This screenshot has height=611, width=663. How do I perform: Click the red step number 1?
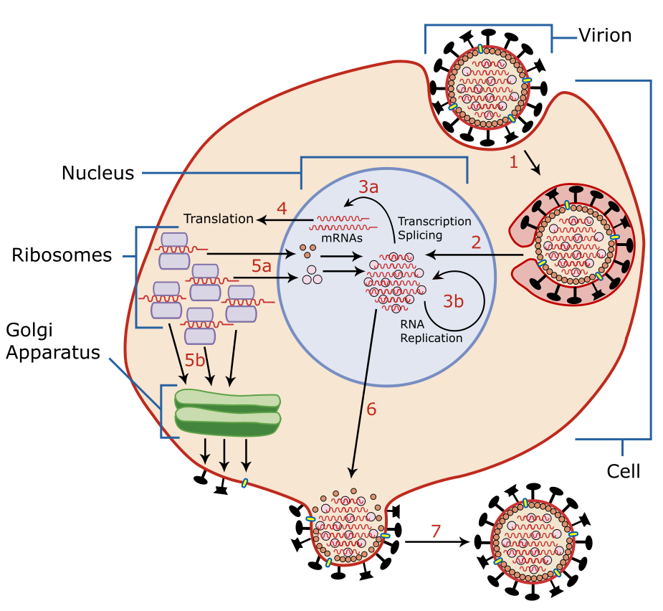pyautogui.click(x=513, y=163)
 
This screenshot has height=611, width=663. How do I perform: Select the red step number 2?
pyautogui.click(x=476, y=242)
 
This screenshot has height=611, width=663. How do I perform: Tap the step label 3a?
pyautogui.click(x=368, y=188)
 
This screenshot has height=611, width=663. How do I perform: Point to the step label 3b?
pyautogui.click(x=453, y=301)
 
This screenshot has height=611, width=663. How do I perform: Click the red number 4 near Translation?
pyautogui.click(x=282, y=209)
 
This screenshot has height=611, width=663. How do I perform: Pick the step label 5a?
pyautogui.click(x=262, y=266)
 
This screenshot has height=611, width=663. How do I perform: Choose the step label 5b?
pyautogui.click(x=195, y=360)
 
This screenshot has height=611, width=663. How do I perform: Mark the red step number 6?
pyautogui.click(x=371, y=409)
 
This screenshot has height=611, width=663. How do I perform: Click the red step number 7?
pyautogui.click(x=436, y=531)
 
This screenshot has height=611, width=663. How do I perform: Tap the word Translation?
pyautogui.click(x=219, y=219)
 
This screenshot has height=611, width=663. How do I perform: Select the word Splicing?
pyautogui.click(x=420, y=235)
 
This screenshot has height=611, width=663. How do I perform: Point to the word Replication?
pyautogui.click(x=431, y=338)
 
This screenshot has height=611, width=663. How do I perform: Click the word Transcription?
pyautogui.click(x=434, y=221)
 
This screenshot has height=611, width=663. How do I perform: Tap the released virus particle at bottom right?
pyautogui.click(x=533, y=541)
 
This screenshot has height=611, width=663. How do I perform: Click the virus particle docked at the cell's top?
pyautogui.click(x=488, y=87)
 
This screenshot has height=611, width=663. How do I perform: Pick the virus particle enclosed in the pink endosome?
pyautogui.click(x=576, y=244)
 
